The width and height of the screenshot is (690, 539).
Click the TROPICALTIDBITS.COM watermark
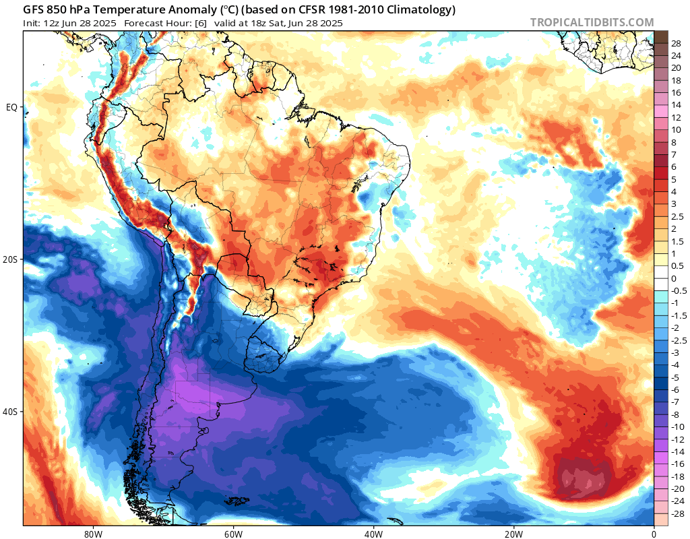(592, 22)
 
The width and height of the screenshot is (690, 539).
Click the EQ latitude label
(11, 107)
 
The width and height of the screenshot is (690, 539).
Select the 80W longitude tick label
(93, 532)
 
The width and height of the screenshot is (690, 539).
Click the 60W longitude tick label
(233, 532)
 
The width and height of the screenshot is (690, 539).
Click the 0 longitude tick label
(654, 532)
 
